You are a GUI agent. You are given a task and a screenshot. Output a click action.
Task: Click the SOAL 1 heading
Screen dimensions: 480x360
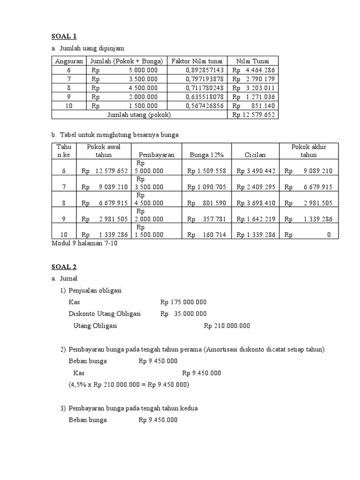click(x=64, y=36)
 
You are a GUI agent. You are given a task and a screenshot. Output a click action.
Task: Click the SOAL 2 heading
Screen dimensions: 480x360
click(x=64, y=267)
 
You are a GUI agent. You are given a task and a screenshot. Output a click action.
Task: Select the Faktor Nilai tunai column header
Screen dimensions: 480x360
click(x=197, y=61)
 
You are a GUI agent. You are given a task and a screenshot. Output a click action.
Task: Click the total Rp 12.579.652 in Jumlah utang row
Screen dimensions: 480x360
click(x=253, y=114)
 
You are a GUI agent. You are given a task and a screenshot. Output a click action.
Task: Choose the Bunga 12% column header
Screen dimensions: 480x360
click(x=207, y=155)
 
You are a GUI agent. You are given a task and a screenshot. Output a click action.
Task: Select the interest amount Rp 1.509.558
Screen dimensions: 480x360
click(x=207, y=172)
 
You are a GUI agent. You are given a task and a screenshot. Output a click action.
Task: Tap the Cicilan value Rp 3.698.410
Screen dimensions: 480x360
click(x=256, y=203)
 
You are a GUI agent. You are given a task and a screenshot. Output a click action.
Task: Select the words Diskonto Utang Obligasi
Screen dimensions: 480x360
click(x=105, y=314)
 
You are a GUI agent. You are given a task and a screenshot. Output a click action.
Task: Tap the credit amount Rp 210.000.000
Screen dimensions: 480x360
click(x=227, y=326)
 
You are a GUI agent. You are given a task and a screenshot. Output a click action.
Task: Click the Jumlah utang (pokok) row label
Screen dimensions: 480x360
click(x=139, y=114)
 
